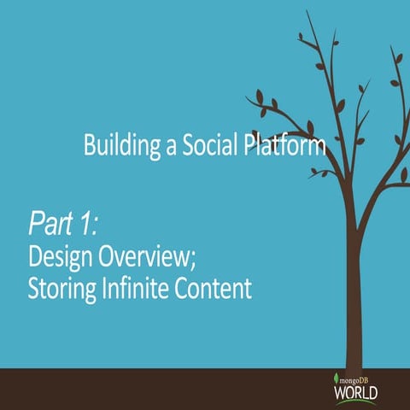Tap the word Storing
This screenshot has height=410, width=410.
coord(61,288)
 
